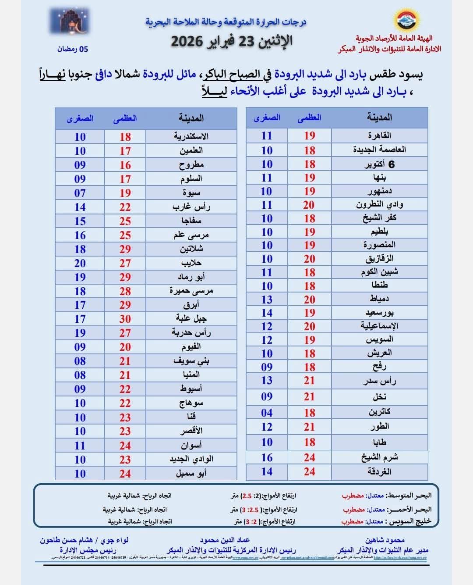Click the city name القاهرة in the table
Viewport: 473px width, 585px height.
(379, 136)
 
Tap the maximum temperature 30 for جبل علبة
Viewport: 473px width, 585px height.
(125, 319)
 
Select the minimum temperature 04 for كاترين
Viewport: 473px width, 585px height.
(267, 413)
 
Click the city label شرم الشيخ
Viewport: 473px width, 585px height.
(379, 457)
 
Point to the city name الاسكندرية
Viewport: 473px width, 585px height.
(191, 136)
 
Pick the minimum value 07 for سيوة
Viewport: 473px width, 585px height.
(80, 193)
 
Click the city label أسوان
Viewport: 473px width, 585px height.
(191, 446)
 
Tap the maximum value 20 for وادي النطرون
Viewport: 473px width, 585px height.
(309, 205)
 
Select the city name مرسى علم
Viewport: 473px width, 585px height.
(191, 235)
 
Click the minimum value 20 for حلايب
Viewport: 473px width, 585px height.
(80, 263)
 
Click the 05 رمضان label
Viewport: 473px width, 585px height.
(72, 49)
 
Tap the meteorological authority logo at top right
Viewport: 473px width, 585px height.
(407, 21)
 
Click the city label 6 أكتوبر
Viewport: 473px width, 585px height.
(379, 164)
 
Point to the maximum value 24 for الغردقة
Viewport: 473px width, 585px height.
(309, 472)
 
